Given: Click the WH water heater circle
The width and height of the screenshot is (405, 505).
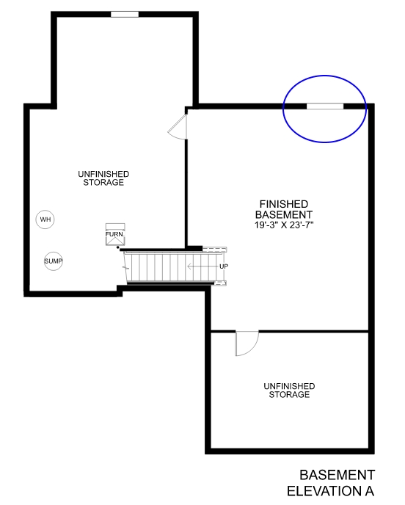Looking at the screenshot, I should [x=45, y=219].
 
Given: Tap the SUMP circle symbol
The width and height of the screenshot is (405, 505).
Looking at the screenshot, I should [x=53, y=261].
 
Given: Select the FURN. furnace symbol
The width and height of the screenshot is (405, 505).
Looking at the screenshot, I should [x=115, y=234].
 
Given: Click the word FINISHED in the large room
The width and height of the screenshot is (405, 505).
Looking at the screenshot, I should [x=283, y=203].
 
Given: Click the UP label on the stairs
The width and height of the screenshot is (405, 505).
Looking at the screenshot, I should [x=224, y=266].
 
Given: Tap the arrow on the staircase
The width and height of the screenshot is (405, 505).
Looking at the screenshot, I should [x=202, y=266].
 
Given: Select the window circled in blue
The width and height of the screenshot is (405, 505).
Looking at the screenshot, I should [x=324, y=106].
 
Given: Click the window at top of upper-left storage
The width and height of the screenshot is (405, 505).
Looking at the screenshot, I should [x=125, y=14].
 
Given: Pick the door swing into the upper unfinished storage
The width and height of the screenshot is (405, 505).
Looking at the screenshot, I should [x=178, y=128].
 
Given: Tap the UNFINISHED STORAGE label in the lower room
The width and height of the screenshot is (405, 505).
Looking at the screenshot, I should [x=289, y=390].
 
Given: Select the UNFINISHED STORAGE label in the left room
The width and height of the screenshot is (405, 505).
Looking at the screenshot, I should [x=103, y=178].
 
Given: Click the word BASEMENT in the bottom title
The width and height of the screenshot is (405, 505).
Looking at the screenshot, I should [x=337, y=475].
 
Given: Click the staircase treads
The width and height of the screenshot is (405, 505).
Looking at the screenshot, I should [x=158, y=265].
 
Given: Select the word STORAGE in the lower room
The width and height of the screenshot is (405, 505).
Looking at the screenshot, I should [x=289, y=395].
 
